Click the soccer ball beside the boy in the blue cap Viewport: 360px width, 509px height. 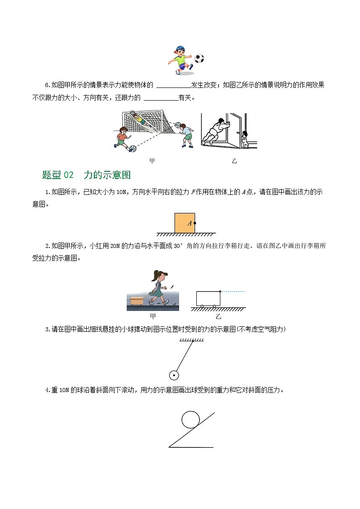[199, 58]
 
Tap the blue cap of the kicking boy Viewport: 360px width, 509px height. [180, 48]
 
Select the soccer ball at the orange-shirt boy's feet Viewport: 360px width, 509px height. [132, 148]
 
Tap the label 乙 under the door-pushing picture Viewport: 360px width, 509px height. [234, 161]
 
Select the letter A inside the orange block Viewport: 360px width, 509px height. [190, 223]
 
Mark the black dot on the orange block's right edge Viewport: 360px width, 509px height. [195, 223]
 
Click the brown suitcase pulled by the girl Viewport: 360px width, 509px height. [136, 301]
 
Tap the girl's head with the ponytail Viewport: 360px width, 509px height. [161, 275]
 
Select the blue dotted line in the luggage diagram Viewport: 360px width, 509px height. [233, 291]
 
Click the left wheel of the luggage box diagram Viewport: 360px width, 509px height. [202, 307]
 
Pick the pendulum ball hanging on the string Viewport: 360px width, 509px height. [174, 375]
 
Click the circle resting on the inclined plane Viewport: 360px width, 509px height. [190, 419]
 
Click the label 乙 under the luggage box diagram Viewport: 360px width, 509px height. [219, 316]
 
